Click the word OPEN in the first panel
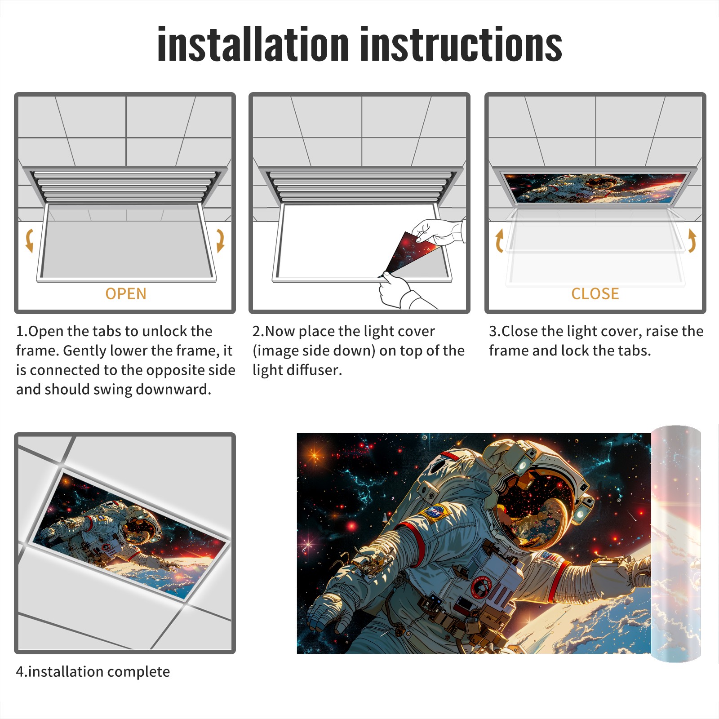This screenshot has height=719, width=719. (126, 294)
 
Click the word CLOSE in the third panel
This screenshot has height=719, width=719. (595, 294)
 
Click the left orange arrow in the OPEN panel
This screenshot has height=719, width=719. (29, 240)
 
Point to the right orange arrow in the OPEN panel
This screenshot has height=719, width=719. (220, 240)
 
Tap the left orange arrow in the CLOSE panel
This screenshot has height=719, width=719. (499, 240)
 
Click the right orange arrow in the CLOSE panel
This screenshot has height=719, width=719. (692, 240)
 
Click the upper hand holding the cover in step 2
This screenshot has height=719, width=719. (438, 231)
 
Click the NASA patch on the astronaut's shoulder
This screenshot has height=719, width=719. (435, 512)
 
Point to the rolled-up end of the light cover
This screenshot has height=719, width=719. (676, 544)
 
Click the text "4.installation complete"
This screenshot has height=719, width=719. (93, 672)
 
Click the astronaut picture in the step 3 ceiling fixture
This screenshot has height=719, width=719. (596, 188)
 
